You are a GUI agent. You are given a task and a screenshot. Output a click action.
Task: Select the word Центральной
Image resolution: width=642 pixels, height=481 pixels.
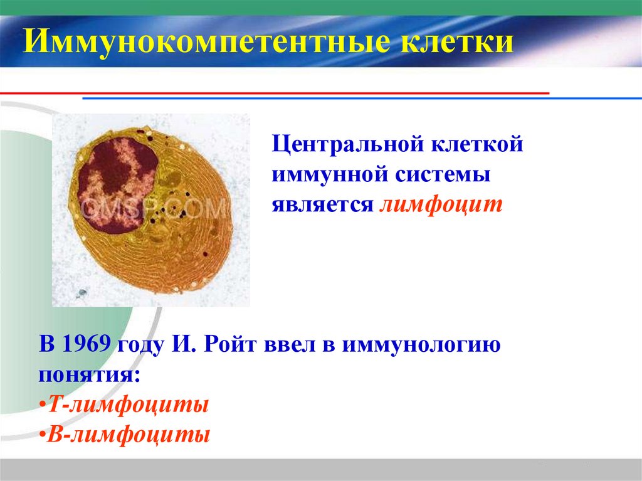[347, 146]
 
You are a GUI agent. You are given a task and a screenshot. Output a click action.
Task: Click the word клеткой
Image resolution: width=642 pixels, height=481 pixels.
[476, 146]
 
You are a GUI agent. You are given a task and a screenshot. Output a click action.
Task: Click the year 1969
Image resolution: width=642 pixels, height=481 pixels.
[88, 345]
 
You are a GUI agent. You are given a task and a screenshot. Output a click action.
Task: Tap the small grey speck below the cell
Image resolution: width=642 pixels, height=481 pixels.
[81, 293]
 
